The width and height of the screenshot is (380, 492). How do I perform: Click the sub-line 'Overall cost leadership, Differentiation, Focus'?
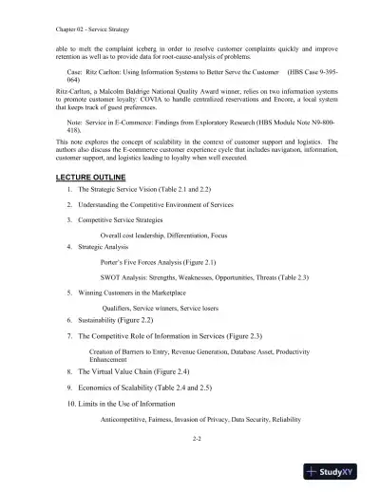162,234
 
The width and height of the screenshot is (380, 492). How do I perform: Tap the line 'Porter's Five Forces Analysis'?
159,259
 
